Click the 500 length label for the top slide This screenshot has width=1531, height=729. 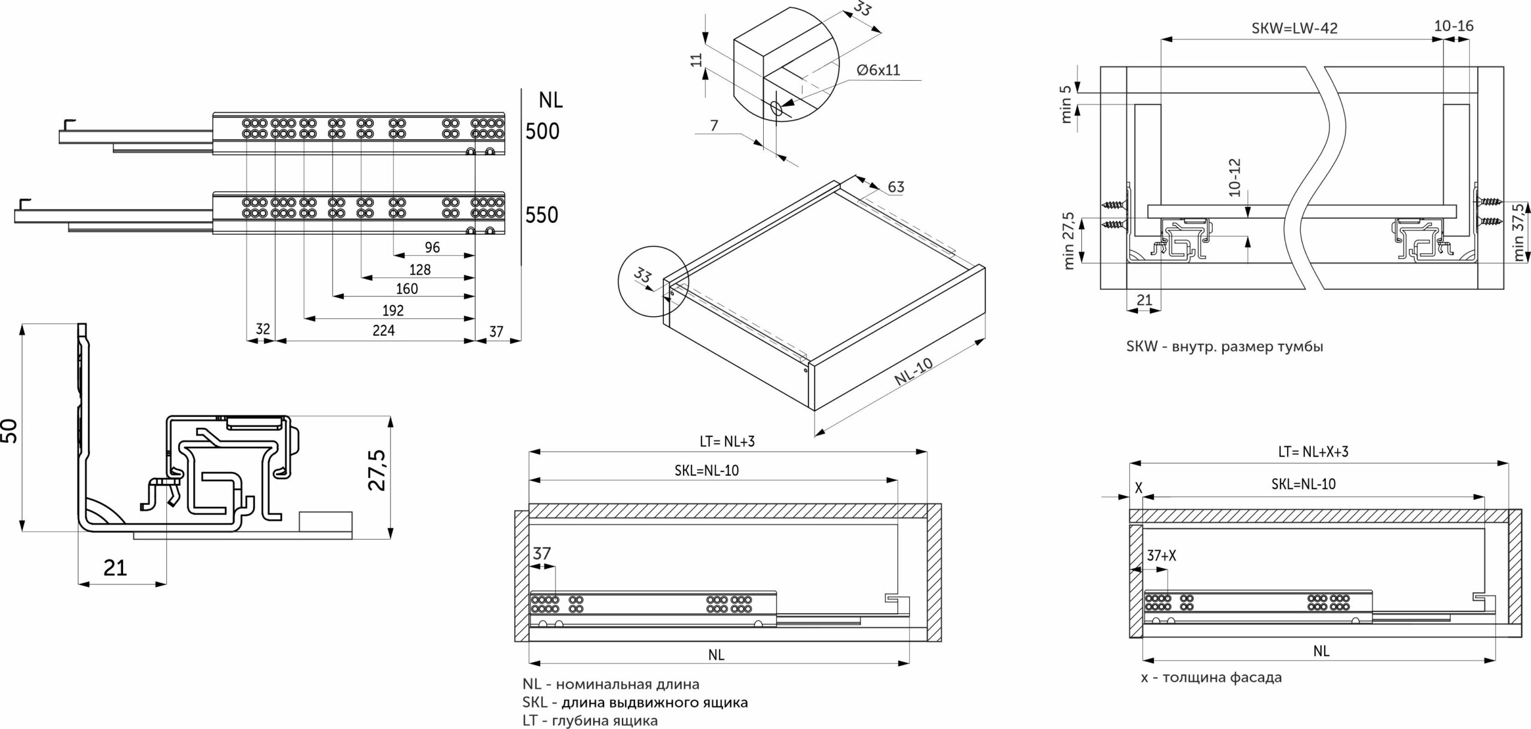click(542, 131)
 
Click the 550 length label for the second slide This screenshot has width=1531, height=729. click(542, 215)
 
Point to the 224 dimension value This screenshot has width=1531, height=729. click(383, 330)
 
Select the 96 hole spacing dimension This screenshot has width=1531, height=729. click(432, 247)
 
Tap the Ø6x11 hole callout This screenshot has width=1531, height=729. click(878, 71)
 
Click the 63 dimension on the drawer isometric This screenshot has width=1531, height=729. click(896, 187)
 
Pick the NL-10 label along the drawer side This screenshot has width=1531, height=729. click(913, 372)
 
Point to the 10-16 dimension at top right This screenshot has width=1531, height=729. click(1453, 26)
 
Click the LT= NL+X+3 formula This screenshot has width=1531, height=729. click(1312, 452)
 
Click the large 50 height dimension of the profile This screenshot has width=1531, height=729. click(10, 430)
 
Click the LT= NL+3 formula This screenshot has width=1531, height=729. click(727, 442)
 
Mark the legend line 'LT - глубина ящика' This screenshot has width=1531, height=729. click(590, 721)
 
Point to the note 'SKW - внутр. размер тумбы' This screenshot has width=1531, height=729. click(1224, 347)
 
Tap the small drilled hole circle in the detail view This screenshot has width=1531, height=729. click(777, 109)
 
